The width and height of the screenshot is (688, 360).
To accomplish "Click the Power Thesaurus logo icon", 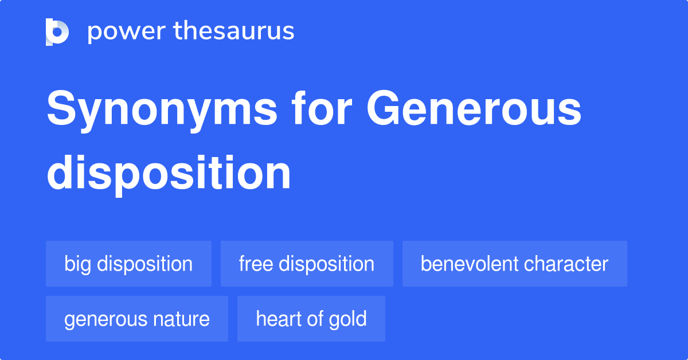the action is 57,32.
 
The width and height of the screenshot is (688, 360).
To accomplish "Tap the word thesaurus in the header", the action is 234,31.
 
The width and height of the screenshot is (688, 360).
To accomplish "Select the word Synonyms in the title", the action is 162,111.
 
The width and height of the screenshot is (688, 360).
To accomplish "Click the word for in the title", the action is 322,108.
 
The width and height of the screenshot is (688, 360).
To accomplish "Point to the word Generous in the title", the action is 474,108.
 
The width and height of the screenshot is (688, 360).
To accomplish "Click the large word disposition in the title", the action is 169,173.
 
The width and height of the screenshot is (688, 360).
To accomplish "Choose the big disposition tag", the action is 128,264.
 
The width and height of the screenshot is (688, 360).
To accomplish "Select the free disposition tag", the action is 307,264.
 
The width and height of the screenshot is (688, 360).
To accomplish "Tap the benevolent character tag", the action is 515,264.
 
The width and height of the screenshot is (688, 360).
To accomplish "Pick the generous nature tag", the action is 137,319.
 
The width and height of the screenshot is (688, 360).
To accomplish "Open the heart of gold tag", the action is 311,319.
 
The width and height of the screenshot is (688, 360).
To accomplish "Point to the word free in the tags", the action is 256,264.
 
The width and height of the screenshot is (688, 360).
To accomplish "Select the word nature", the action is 181,319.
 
